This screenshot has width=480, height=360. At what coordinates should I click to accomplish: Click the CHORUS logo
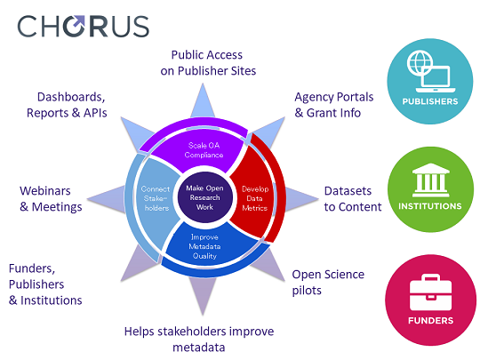[84, 27]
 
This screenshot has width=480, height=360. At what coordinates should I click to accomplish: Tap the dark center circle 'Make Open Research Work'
[204, 197]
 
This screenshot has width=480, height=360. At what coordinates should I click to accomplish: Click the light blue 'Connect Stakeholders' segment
[156, 198]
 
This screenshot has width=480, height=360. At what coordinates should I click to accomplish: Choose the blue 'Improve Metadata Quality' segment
[208, 245]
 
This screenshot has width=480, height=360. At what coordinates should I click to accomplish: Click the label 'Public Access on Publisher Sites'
[208, 63]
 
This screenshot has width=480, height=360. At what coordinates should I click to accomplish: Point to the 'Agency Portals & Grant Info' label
[333, 105]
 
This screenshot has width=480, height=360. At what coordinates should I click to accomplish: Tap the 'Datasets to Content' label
[353, 199]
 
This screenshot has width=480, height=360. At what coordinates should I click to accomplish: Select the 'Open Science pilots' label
[328, 283]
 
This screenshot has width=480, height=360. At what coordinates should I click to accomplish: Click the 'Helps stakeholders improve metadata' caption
[199, 340]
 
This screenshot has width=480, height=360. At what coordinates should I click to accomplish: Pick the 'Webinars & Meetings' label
[51, 199]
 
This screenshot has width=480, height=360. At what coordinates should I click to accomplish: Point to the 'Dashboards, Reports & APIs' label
[67, 105]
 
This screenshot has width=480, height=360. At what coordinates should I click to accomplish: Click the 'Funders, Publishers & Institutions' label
[45, 284]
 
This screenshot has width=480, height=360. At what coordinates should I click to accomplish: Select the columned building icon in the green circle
[431, 180]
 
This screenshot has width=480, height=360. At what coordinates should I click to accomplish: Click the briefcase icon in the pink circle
[430, 292]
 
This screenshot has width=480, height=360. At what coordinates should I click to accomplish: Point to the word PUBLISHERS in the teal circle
[430, 101]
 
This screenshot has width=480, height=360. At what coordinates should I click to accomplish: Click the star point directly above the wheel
[203, 101]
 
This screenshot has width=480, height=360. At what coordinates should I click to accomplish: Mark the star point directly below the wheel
[203, 295]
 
